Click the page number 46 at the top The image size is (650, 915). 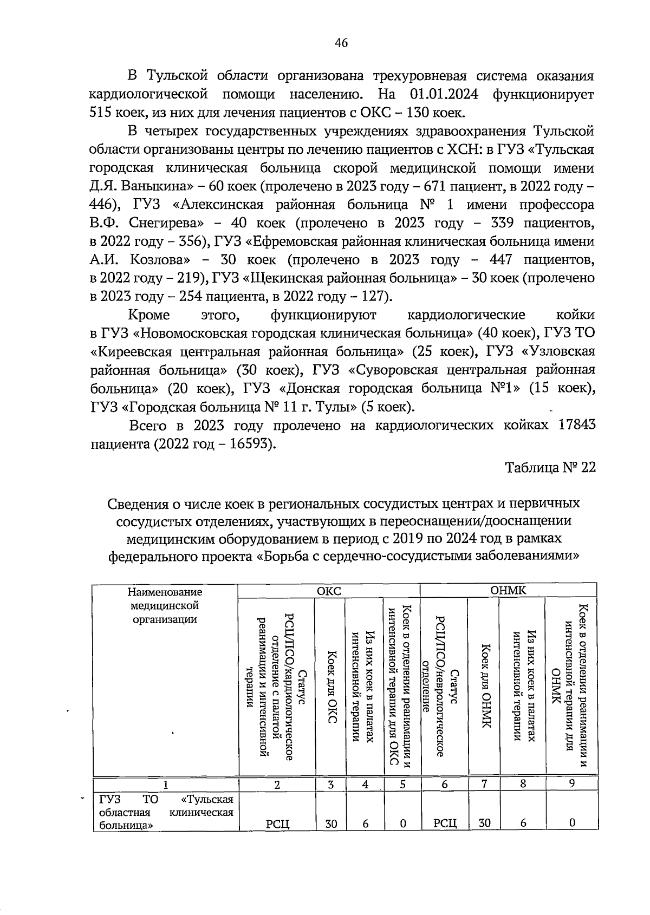pos(341,44)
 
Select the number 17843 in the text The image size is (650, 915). pos(574,426)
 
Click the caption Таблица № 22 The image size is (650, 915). pos(550,467)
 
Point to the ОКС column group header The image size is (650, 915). pos(329,591)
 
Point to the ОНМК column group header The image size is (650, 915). pos(508,591)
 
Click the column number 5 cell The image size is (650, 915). pos(402,783)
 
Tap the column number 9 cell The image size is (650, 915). pos(571,783)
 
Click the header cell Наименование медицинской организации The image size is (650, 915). pos(165,606)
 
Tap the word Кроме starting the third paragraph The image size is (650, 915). pos(149,315)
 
